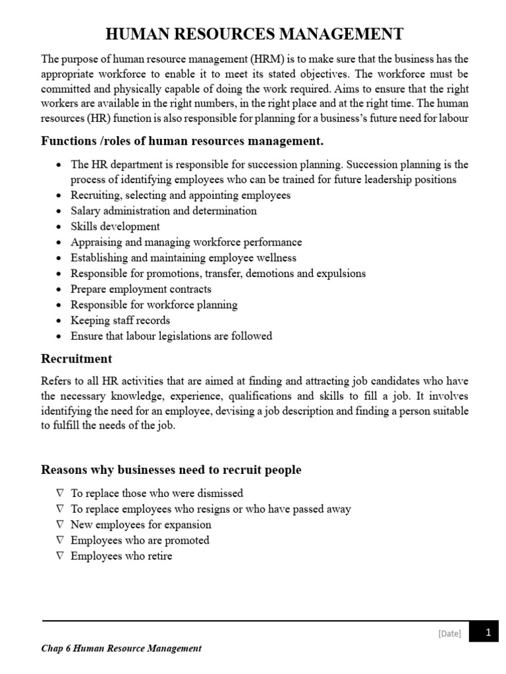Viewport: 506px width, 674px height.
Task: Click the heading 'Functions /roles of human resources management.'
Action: (182, 141)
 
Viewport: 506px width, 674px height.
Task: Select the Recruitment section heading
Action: (76, 359)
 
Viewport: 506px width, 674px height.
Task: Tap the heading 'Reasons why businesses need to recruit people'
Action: (171, 469)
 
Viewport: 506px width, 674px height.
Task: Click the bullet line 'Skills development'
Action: (115, 226)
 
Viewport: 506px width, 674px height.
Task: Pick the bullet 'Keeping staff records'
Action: (121, 321)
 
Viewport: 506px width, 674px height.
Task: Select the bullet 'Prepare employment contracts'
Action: (141, 289)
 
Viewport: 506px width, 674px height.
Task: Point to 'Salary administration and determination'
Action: (163, 211)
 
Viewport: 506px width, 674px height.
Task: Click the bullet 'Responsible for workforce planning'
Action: (154, 305)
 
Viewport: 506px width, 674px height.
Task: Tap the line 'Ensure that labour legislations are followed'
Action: (171, 336)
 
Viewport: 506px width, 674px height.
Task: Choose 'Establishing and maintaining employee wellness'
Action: (183, 258)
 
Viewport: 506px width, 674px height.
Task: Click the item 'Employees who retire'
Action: (121, 556)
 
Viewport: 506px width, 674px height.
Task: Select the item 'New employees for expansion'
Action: (141, 525)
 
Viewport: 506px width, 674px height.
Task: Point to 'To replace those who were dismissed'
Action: (157, 493)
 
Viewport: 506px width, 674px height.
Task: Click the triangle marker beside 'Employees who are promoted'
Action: (60, 540)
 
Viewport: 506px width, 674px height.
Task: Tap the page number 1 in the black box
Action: (488, 633)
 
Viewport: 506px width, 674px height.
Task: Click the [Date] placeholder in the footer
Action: (449, 633)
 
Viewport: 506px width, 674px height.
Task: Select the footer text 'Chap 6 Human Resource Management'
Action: (121, 648)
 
